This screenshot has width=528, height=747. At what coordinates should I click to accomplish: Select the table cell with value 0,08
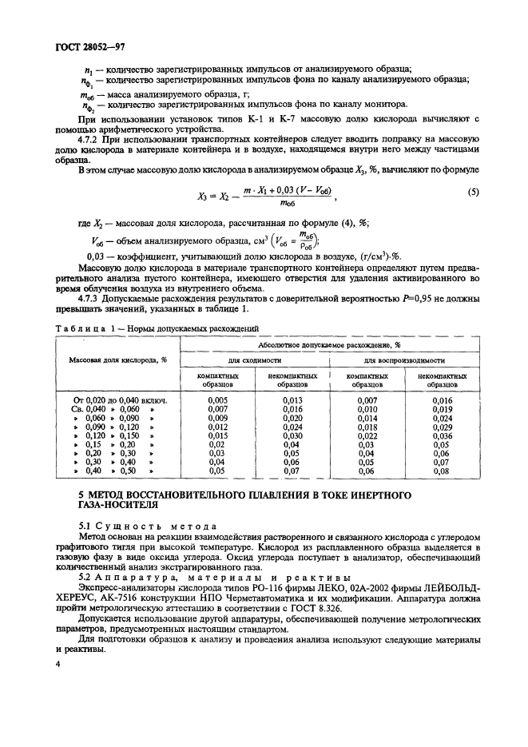pyautogui.click(x=442, y=471)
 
